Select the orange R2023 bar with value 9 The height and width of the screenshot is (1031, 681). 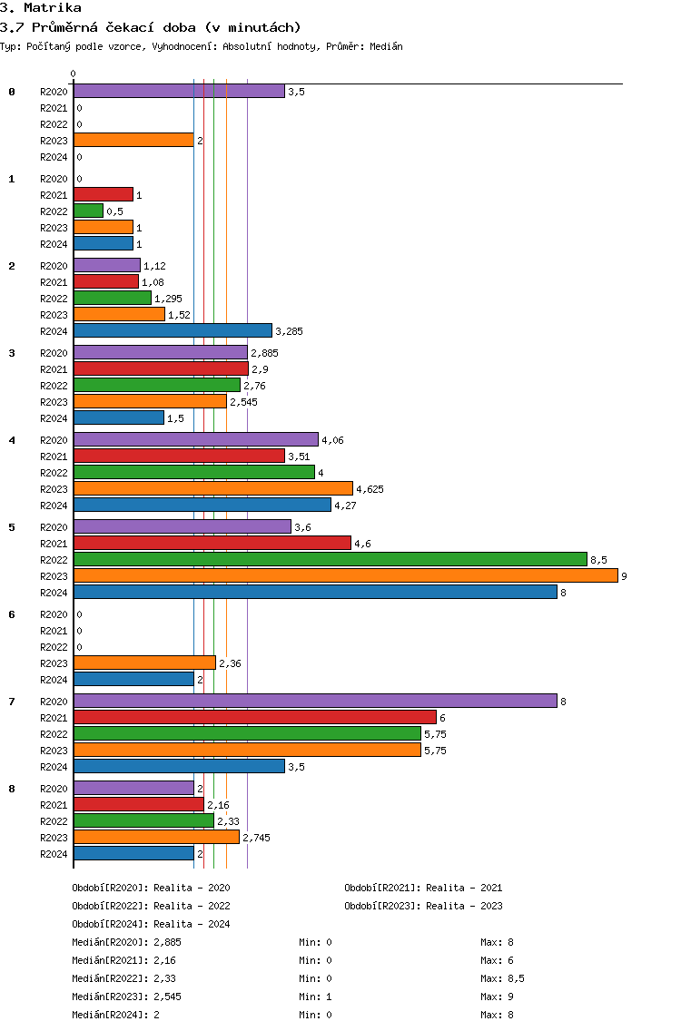pos(345,575)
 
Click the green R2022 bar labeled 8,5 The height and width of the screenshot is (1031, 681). pos(331,559)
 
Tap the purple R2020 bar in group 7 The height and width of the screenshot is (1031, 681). pos(315,701)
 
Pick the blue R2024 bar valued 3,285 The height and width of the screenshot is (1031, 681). pos(173,330)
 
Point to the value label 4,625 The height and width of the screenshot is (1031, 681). pos(370,489)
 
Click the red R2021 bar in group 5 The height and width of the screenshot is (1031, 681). pos(212,543)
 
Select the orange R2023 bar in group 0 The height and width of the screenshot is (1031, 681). pos(133,140)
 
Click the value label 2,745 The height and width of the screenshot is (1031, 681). pos(256,838)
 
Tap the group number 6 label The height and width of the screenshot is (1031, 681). pos(12,614)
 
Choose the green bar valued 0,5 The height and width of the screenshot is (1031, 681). pos(88,211)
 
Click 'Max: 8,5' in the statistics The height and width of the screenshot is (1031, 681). pos(502,978)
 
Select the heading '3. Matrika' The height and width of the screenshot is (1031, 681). pos(41,7)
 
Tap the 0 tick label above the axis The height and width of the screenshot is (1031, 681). pos(74,74)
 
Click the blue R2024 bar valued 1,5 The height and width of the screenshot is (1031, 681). pos(119,417)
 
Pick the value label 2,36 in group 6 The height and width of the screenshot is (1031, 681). pos(230,663)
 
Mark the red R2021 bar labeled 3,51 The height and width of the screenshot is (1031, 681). pos(179,456)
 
